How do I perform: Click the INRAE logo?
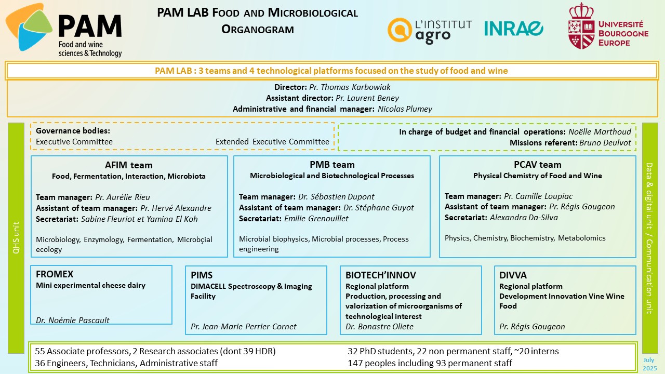click(514, 29)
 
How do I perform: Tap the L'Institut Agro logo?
click(430, 31)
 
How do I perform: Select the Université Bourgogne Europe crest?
click(581, 26)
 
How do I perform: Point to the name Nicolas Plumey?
click(405, 109)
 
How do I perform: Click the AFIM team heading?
click(128, 165)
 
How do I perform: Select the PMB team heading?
click(332, 165)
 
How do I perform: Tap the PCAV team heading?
click(538, 165)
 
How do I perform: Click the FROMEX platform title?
click(55, 274)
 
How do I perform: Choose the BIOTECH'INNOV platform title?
click(381, 275)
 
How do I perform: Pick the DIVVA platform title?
click(513, 275)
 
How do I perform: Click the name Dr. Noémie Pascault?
click(73, 320)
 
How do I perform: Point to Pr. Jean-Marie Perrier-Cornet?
click(244, 327)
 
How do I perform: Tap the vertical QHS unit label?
click(16, 237)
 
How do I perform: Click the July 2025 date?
click(649, 364)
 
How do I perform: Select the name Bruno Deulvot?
click(605, 143)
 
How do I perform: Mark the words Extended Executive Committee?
click(272, 142)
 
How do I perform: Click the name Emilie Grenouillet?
click(316, 219)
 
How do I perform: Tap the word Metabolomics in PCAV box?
click(581, 238)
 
